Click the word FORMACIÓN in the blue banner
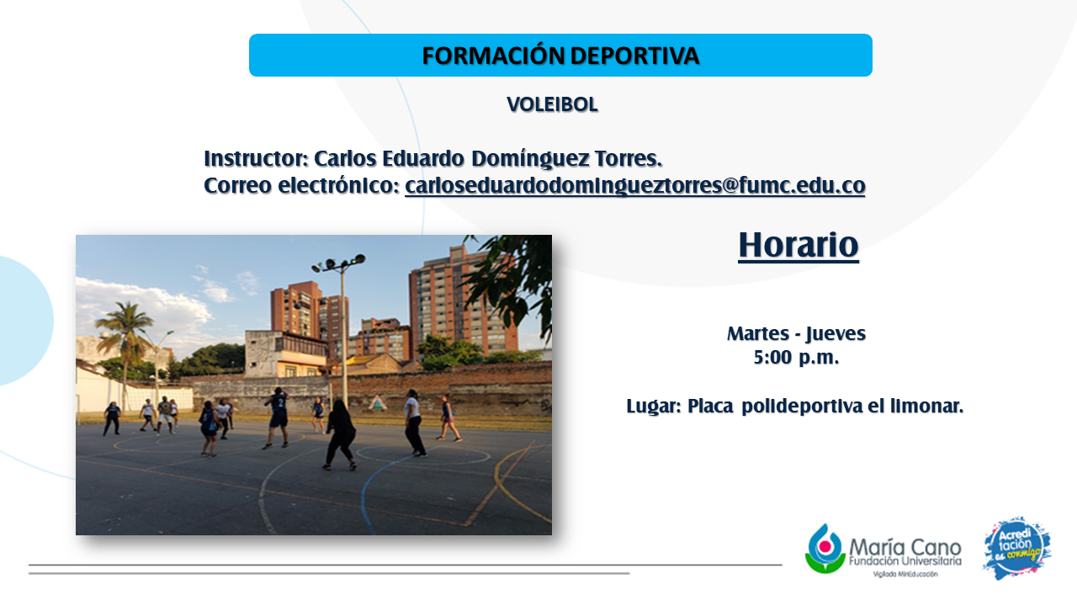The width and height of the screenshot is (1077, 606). [x=493, y=55]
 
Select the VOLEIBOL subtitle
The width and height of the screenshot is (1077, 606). [x=553, y=104]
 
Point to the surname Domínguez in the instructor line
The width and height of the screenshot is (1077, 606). [x=530, y=159]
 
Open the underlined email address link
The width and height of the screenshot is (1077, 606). [x=635, y=186]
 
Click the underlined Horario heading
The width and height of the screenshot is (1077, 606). [x=798, y=245]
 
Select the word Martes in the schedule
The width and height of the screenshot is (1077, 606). [x=758, y=333]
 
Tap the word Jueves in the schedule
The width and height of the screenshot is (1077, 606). [x=836, y=333]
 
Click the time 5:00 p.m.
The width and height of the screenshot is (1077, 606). [x=796, y=358]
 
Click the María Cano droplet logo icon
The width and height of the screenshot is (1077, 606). [x=825, y=549]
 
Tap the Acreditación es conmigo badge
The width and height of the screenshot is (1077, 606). [x=1017, y=548]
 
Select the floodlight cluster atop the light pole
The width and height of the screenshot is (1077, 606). [x=338, y=262]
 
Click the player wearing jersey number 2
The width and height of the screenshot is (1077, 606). [x=278, y=417]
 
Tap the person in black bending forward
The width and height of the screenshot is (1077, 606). [x=341, y=434]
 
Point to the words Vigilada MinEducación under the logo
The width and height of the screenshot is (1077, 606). [x=905, y=574]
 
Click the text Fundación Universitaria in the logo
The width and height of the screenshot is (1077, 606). [x=905, y=561]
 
